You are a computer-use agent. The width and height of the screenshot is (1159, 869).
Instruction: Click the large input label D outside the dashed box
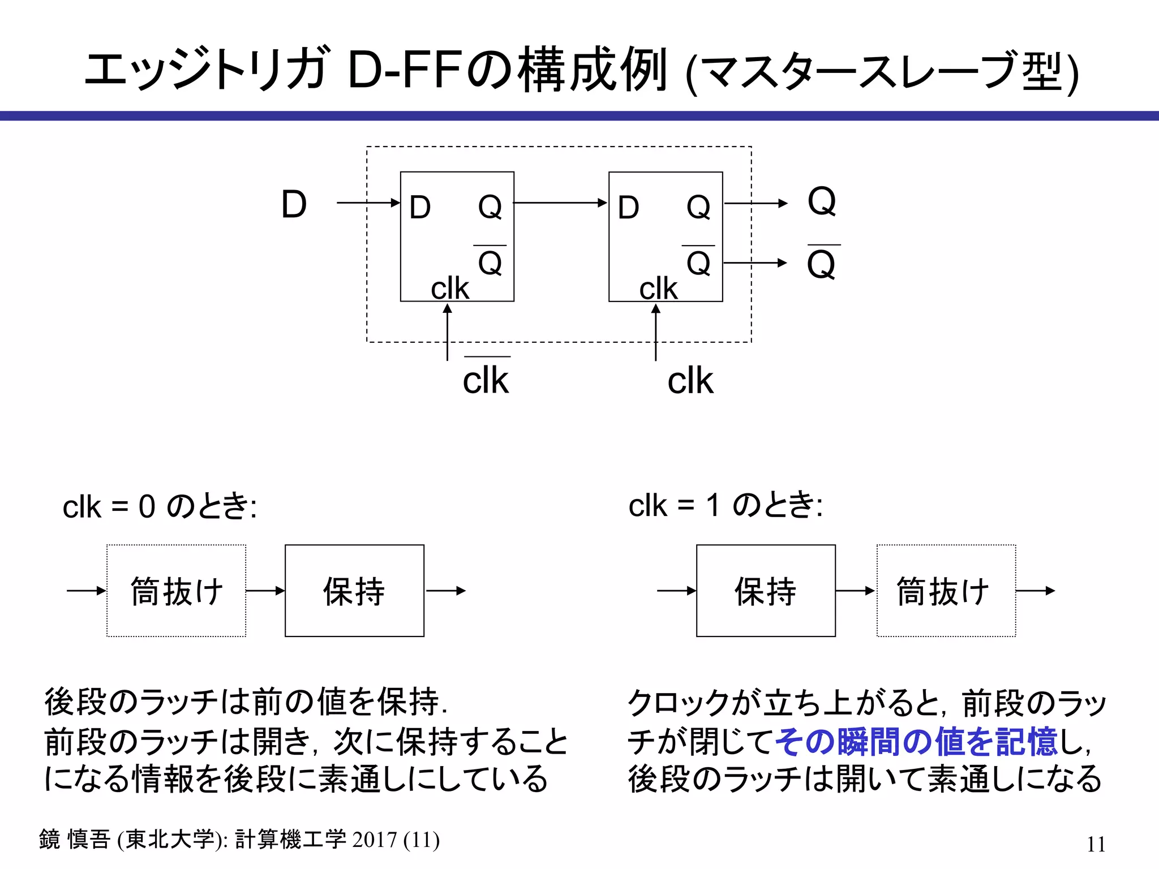click(294, 204)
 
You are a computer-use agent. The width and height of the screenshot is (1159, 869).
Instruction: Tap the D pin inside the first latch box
click(420, 207)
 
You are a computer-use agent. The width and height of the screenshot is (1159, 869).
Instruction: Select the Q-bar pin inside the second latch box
click(698, 262)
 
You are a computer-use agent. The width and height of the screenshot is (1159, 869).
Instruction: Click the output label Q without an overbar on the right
click(822, 201)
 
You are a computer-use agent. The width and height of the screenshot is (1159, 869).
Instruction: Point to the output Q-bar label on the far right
click(822, 264)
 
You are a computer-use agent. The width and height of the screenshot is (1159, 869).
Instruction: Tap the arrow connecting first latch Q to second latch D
click(560, 203)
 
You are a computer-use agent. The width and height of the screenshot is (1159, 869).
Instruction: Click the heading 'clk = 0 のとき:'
click(160, 506)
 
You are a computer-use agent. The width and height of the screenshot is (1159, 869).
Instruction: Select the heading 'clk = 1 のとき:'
click(726, 505)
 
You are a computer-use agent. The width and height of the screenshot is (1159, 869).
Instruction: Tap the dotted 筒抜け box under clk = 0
click(177, 591)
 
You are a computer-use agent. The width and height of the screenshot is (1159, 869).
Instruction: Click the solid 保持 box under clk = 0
click(354, 591)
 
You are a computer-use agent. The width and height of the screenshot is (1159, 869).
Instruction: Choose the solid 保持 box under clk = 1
click(766, 591)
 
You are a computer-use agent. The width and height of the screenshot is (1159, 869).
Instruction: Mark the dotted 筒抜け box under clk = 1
click(946, 591)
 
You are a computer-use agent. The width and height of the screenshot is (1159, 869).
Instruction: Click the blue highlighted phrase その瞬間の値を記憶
click(916, 741)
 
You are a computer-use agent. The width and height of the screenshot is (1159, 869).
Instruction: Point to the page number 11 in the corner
click(1096, 844)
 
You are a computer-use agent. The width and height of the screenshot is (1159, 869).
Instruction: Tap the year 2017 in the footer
click(374, 840)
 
